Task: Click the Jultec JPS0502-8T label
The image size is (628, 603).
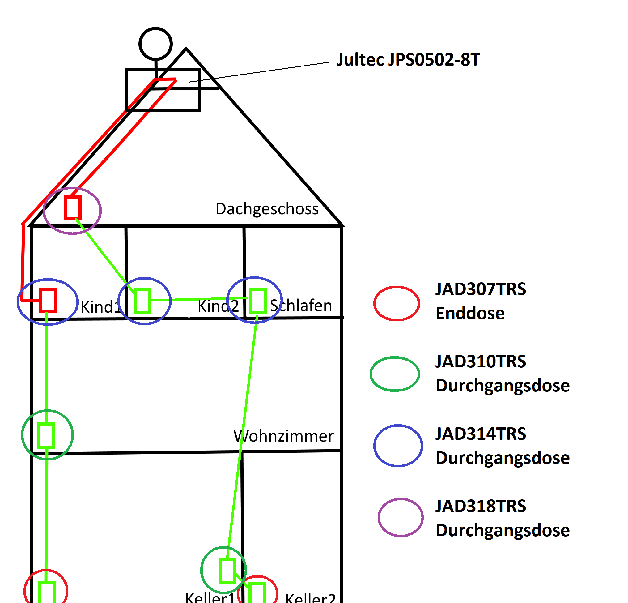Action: (x=408, y=60)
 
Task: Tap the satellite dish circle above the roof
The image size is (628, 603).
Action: (x=155, y=44)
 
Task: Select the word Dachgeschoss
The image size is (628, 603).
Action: (x=267, y=209)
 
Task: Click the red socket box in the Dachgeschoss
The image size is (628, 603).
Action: (x=72, y=208)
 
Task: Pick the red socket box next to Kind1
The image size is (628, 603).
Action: (x=48, y=300)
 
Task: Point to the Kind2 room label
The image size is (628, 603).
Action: (x=218, y=306)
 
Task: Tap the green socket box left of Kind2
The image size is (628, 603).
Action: (x=142, y=301)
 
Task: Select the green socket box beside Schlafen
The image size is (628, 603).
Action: (x=258, y=301)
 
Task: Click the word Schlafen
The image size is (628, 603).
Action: (x=301, y=305)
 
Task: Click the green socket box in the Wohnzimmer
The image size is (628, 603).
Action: (x=46, y=435)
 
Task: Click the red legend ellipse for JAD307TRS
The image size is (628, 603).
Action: (x=397, y=303)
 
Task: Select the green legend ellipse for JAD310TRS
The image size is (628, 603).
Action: (x=395, y=374)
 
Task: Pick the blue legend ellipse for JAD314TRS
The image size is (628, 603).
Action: (x=398, y=446)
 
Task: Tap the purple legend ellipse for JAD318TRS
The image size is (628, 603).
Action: (x=401, y=517)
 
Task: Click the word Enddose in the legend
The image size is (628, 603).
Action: (x=470, y=313)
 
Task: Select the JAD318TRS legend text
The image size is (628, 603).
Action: (x=481, y=506)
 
